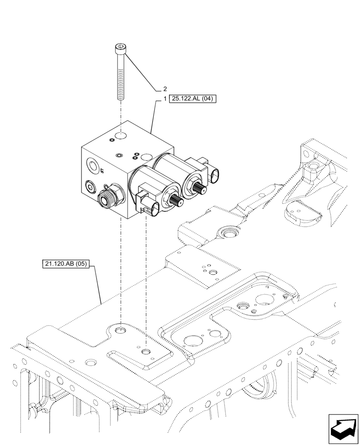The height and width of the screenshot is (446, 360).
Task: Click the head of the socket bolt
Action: (x=120, y=48)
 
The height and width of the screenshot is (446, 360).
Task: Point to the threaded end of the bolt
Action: (x=120, y=92)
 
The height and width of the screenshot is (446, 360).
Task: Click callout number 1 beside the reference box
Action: (x=164, y=99)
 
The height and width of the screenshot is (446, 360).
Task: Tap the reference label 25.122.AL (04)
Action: (x=192, y=99)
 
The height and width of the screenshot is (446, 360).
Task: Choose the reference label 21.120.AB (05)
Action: (x=66, y=264)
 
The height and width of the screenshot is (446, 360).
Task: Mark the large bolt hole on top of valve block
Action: (x=120, y=134)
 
